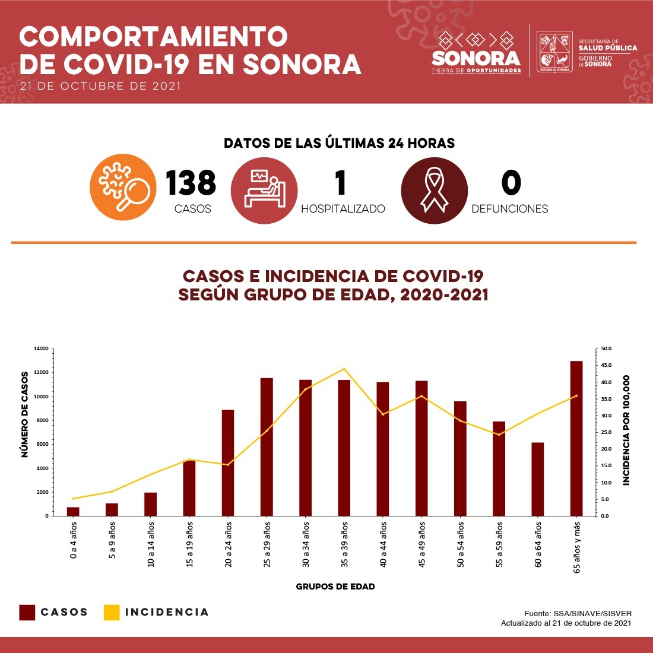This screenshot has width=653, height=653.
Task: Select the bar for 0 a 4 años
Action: tap(73, 511)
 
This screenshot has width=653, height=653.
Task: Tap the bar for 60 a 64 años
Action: tap(537, 479)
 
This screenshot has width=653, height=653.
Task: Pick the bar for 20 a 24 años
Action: tap(228, 462)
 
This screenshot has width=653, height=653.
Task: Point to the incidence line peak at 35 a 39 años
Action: tap(344, 369)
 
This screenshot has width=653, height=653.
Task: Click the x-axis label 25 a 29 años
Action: tap(267, 544)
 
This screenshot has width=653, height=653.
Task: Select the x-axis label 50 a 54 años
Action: tap(461, 544)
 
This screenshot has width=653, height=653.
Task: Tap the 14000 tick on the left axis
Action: tap(40, 348)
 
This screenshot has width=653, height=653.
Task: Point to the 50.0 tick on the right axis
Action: tap(607, 348)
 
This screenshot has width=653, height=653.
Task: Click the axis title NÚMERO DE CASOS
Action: tap(25, 414)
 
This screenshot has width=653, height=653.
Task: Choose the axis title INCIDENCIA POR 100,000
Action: tap(627, 430)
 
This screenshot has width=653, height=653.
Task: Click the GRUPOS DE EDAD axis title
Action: tap(335, 587)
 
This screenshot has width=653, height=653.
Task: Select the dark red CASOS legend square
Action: tap(27, 613)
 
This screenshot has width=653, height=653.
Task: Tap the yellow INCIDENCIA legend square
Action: tap(112, 613)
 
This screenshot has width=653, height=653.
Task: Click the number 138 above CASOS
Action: tap(191, 183)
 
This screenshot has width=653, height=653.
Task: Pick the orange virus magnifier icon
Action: tap(123, 187)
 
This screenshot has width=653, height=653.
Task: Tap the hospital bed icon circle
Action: tap(264, 191)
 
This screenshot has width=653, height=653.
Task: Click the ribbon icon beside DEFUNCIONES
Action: tap(434, 190)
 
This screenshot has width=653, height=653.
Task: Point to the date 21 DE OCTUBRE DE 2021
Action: tap(100, 86)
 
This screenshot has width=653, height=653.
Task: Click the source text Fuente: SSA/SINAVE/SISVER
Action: tap(578, 613)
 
